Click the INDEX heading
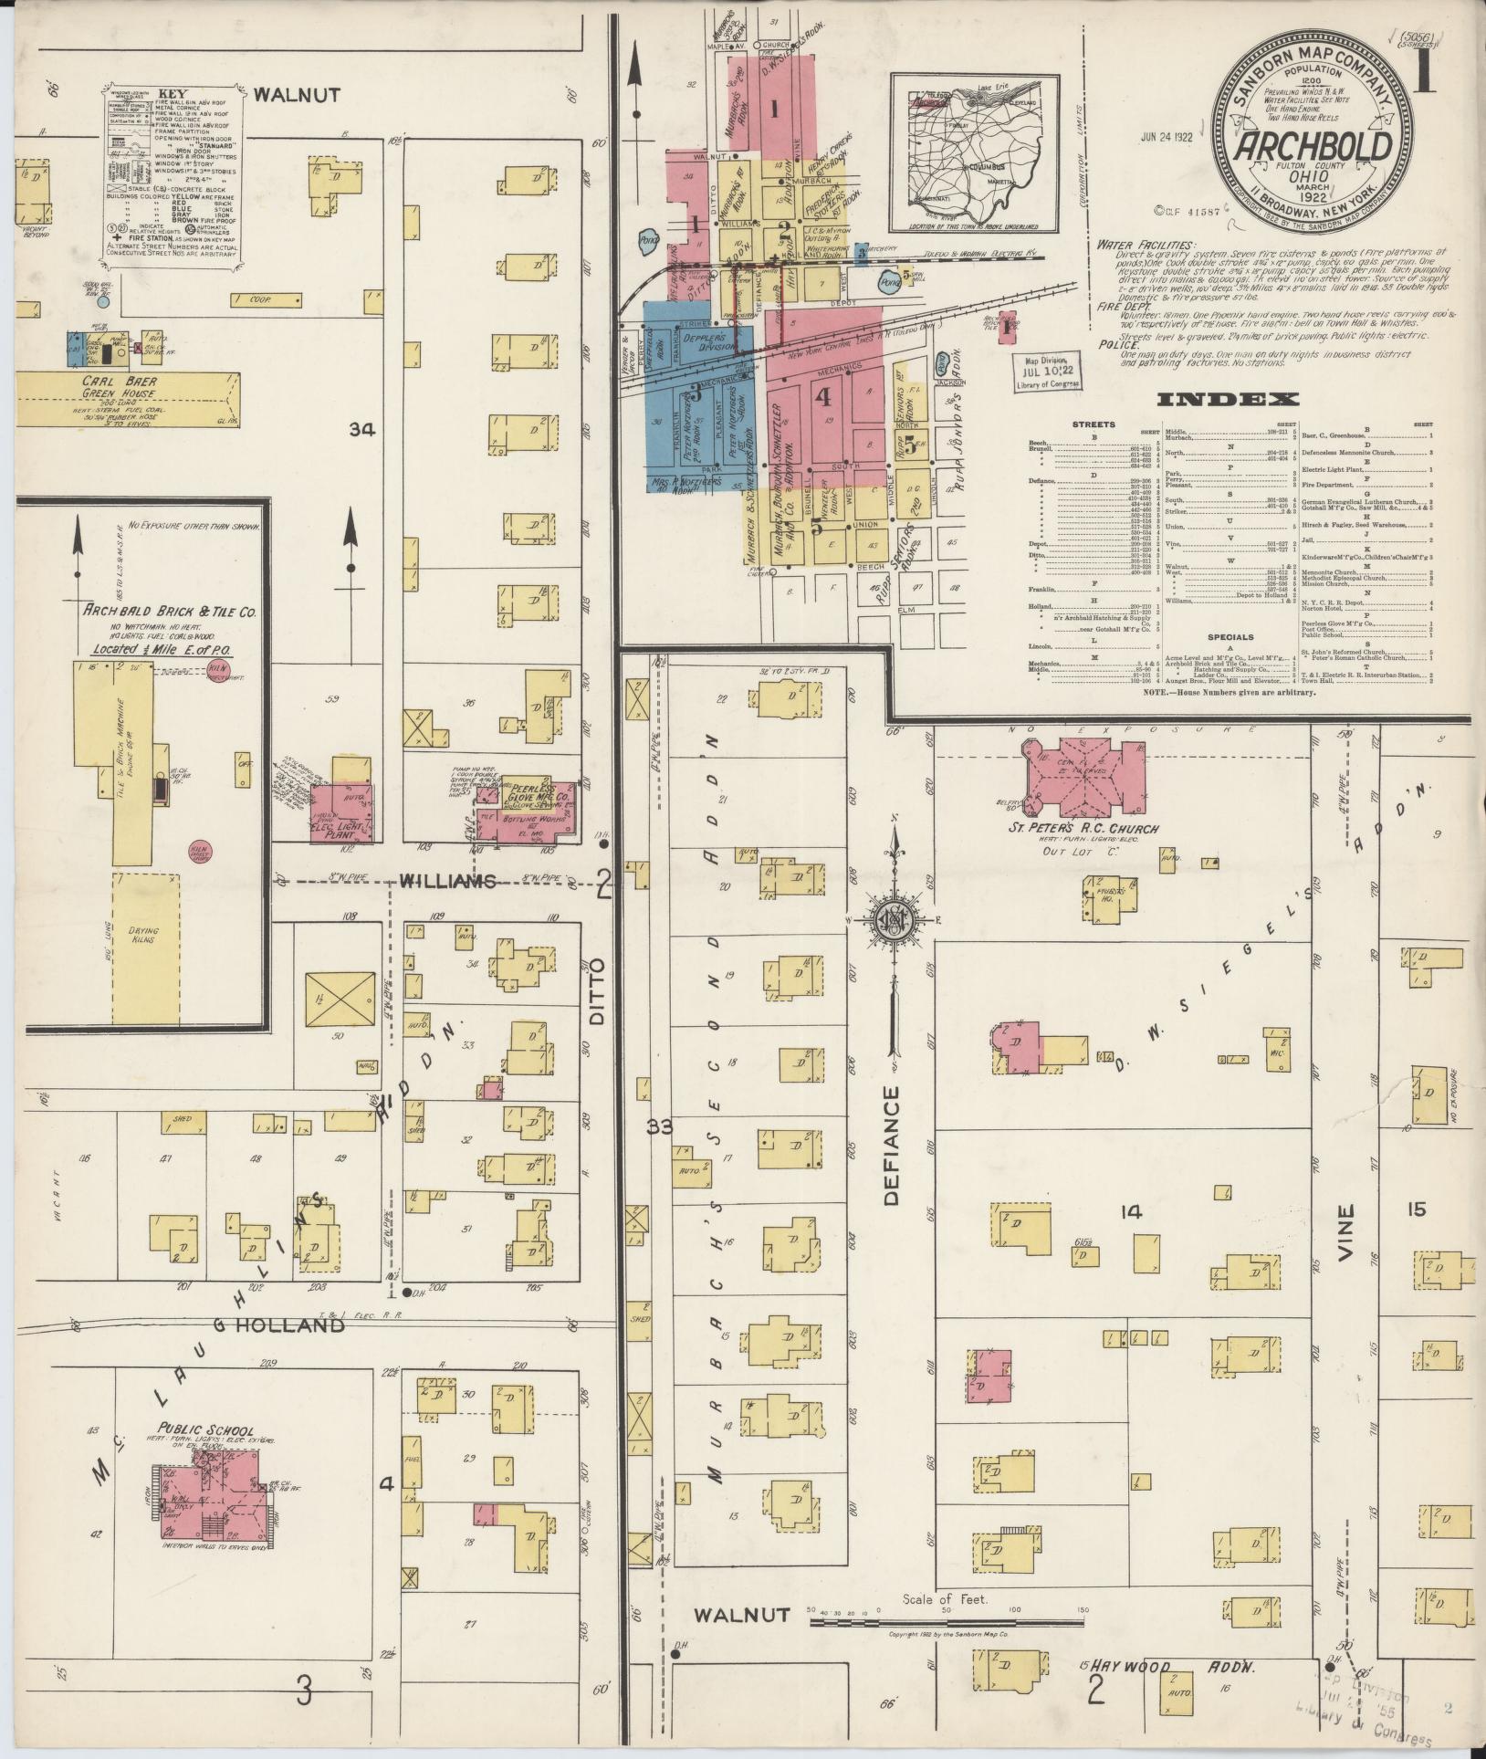pyautogui.click(x=1228, y=399)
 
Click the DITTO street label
pyautogui.click(x=598, y=991)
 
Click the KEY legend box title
pyautogui.click(x=173, y=94)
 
